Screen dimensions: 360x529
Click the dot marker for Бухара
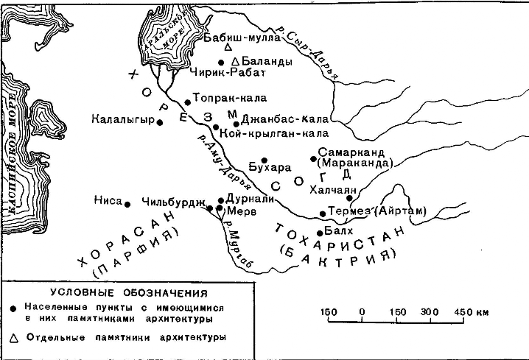(265, 160)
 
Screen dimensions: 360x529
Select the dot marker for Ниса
(127, 204)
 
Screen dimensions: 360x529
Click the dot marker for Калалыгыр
(159, 122)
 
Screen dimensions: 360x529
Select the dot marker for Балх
(318, 233)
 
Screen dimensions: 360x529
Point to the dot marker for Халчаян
(349, 198)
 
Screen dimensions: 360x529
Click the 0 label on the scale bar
(362, 312)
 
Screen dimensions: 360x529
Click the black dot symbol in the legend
(14, 307)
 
